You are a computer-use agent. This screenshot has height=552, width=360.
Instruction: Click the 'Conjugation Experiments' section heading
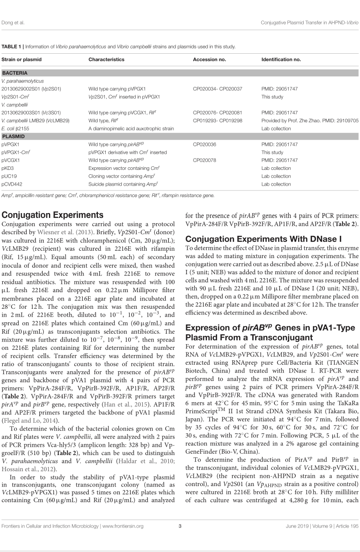[53, 215]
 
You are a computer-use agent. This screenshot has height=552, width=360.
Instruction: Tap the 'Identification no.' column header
[281, 59]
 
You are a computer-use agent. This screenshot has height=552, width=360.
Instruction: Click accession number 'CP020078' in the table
[204, 160]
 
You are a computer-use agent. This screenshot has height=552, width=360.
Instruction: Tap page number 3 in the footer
[180, 538]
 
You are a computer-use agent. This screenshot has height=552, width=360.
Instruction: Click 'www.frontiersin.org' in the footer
[122, 538]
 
